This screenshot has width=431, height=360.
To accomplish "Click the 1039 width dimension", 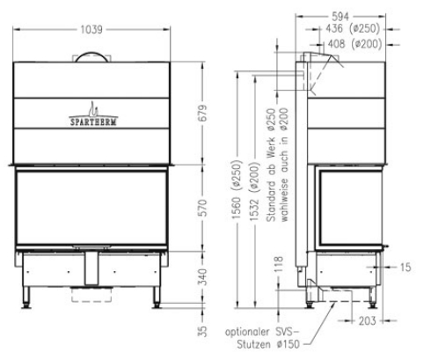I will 91,29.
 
